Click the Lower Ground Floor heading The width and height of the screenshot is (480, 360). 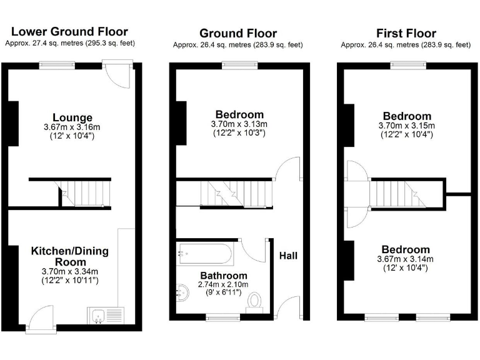click(69, 31)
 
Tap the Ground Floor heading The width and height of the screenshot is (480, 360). click(238, 33)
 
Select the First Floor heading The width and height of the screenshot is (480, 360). click(406, 33)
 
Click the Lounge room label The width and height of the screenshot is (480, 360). click(72, 117)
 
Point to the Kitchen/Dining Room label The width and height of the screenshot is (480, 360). click(70, 256)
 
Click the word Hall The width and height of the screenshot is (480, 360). click(288, 256)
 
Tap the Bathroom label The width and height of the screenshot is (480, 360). click(224, 276)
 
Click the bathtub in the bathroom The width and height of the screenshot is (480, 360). click(205, 254)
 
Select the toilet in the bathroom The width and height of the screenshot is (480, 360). click(254, 301)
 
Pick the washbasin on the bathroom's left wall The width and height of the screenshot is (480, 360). click(183, 292)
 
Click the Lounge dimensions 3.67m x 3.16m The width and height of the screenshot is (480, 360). click(72, 127)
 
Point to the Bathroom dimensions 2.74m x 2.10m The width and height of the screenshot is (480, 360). click(224, 284)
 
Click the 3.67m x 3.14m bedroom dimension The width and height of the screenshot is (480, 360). click(407, 259)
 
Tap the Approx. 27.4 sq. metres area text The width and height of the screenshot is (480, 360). click(69, 43)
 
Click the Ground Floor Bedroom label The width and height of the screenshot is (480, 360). click(239, 114)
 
